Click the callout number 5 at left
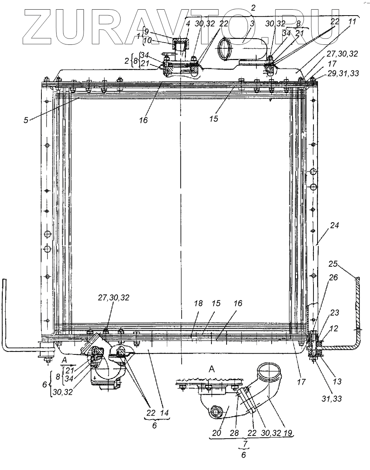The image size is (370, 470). (x=26, y=120)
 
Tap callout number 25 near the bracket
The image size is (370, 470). (x=333, y=264)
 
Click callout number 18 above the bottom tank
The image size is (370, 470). (x=198, y=304)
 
